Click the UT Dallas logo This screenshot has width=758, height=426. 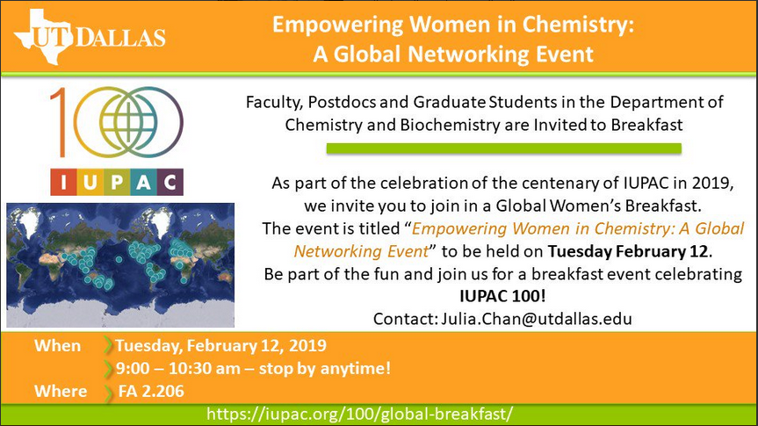tap(90, 37)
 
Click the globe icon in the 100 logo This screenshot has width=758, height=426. tap(128, 121)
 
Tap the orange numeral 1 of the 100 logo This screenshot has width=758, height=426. tap(60, 122)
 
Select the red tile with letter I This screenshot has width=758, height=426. tap(63, 183)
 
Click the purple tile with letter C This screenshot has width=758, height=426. tap(170, 183)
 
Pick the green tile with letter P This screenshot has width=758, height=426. tap(117, 183)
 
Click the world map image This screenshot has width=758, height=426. tap(120, 265)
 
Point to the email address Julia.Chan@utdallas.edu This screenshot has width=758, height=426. tap(537, 319)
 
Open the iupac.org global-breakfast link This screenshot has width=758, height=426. tap(359, 415)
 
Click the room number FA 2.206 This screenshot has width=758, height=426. tap(151, 391)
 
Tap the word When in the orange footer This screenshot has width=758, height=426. tap(57, 346)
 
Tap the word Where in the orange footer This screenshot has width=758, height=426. tap(61, 391)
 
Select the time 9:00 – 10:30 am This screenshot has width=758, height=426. tap(178, 368)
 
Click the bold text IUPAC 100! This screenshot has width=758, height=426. tap(502, 296)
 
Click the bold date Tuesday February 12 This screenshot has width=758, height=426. tap(628, 251)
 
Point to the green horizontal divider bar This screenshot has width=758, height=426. tap(503, 148)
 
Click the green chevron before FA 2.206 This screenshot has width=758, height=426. tap(108, 392)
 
